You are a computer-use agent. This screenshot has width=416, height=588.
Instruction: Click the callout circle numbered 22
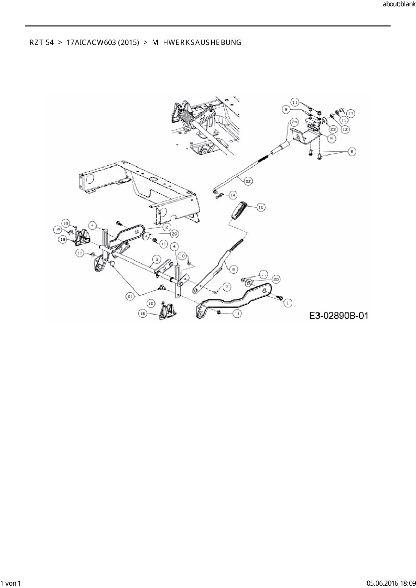[249, 181]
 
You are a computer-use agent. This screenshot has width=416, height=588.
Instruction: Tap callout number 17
[351, 114]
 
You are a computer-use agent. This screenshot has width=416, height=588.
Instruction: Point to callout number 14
[233, 195]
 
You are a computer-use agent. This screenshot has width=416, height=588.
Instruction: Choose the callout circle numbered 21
[131, 296]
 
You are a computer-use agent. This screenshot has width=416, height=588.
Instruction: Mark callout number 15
[58, 230]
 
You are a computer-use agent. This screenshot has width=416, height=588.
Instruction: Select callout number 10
[182, 256]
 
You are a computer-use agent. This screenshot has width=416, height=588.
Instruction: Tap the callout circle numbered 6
[234, 269]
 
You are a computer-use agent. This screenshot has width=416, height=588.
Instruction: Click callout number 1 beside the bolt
[288, 303]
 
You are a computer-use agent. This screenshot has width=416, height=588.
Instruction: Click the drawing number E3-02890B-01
[339, 315]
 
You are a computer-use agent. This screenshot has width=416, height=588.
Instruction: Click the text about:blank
[399, 4]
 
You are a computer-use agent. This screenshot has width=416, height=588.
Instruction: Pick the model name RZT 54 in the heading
[41, 43]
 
